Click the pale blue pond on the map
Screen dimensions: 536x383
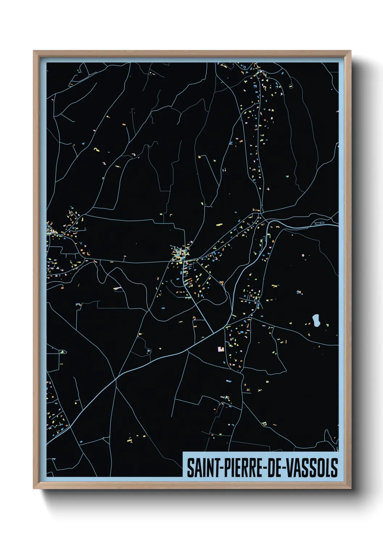point(316,320)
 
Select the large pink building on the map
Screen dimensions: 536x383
point(220,349)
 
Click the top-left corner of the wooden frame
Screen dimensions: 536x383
point(34,51)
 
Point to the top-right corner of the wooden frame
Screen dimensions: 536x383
point(350,51)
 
